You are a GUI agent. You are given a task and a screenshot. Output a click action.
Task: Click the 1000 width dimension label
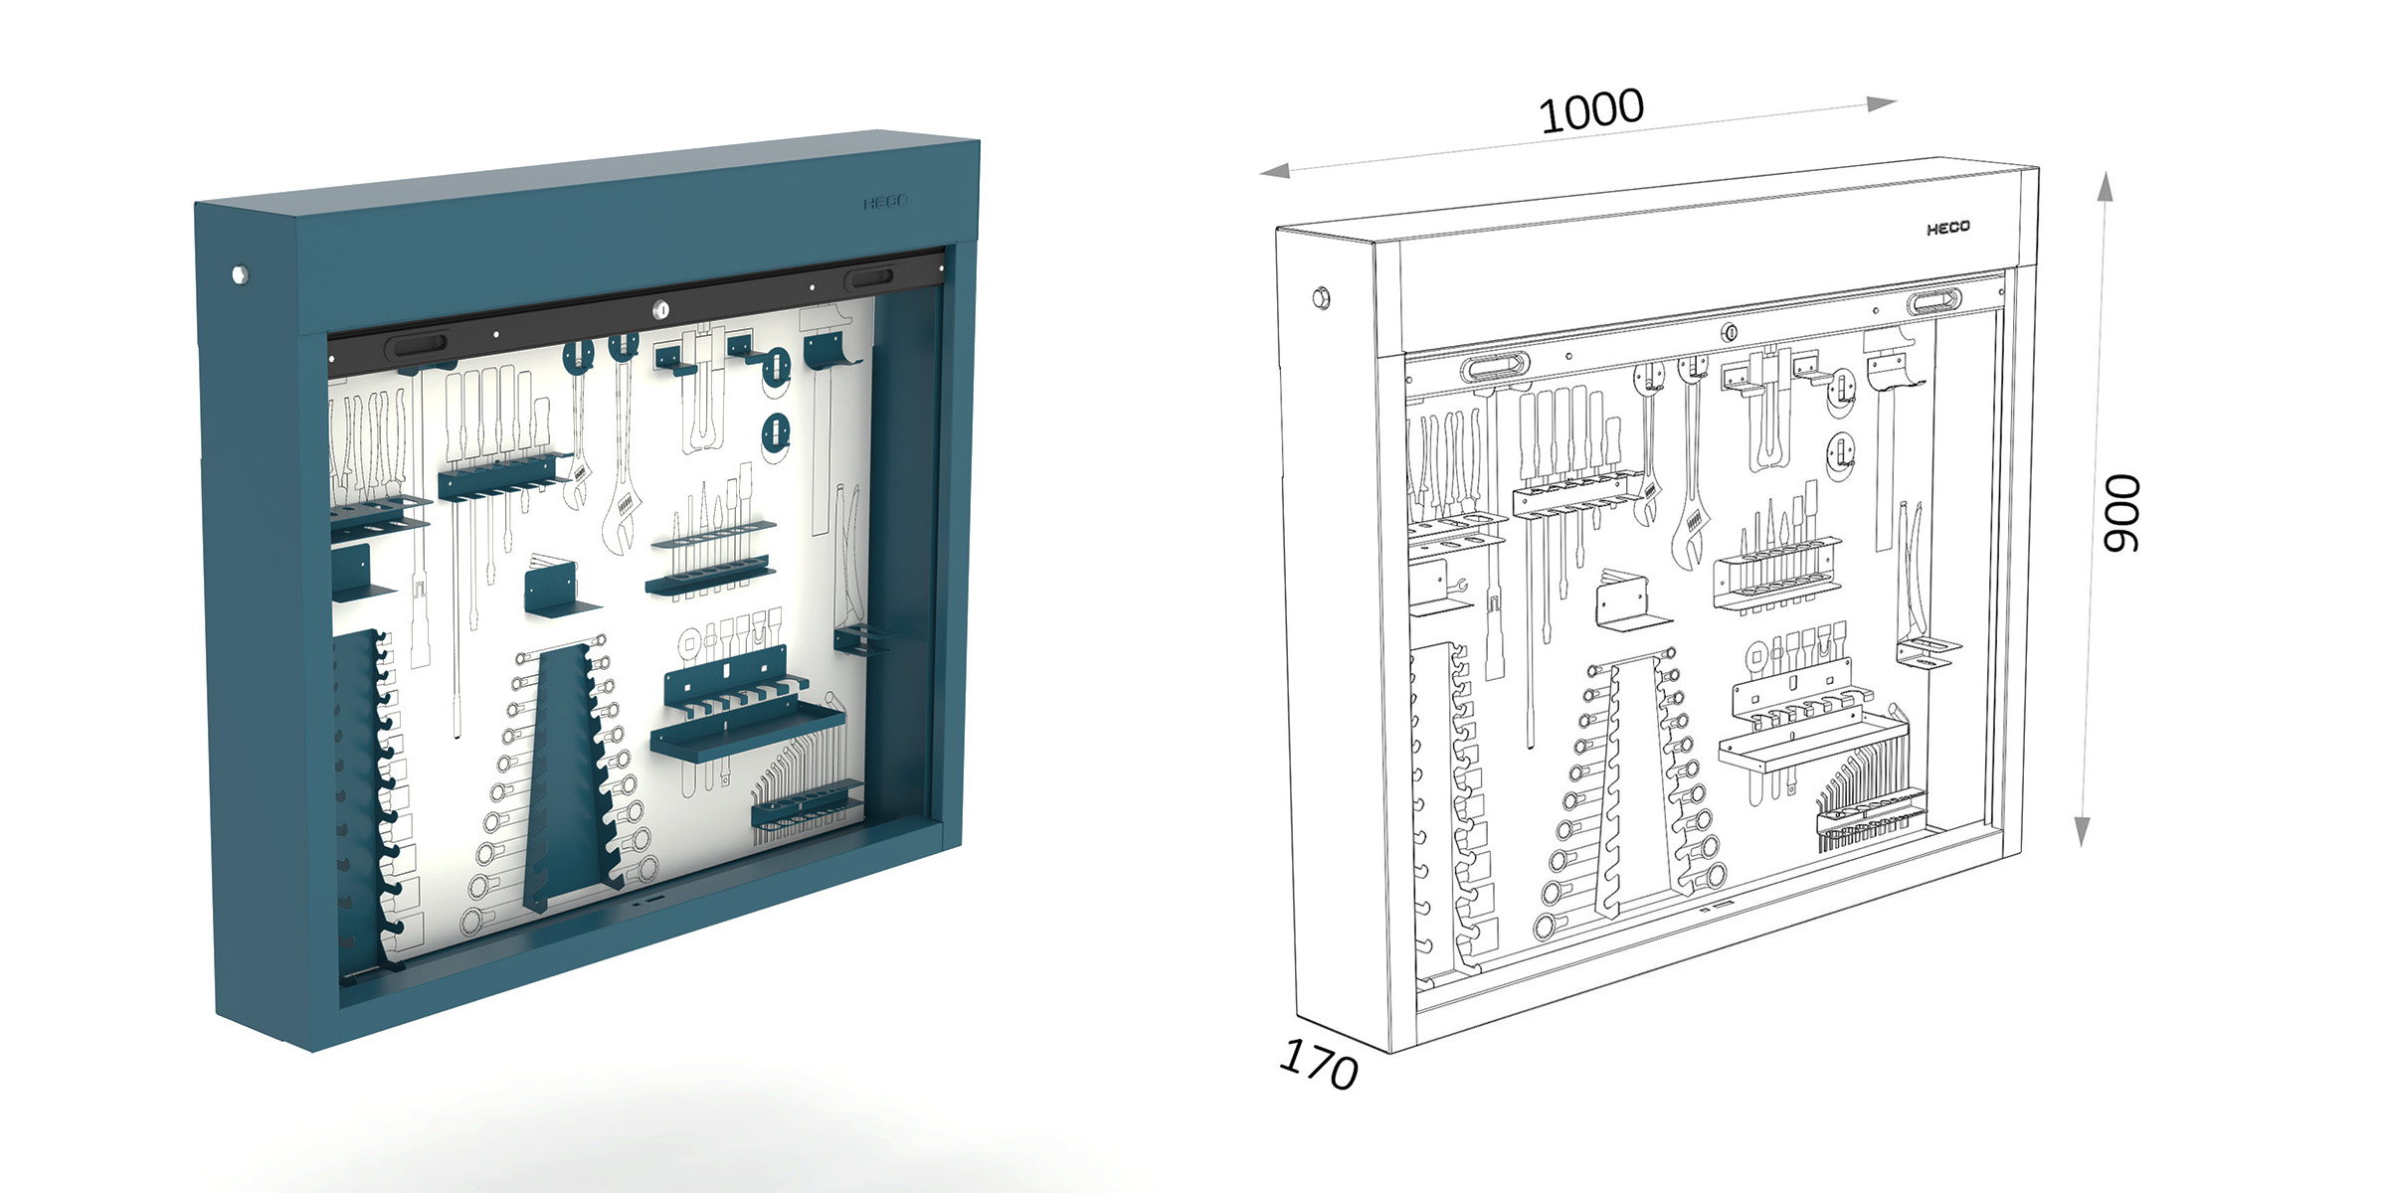tap(1591, 110)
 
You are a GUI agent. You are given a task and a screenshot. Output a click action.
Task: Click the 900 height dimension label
tap(2120, 513)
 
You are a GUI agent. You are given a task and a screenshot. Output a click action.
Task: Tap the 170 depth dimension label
tap(1319, 1064)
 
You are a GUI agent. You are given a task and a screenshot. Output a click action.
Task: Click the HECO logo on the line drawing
tap(1947, 228)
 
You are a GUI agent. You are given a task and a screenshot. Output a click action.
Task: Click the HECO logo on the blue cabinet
tap(885, 202)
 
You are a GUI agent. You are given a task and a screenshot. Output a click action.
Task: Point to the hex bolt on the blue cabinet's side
tap(239, 273)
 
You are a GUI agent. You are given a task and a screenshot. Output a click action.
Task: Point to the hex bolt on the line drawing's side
tap(1321, 296)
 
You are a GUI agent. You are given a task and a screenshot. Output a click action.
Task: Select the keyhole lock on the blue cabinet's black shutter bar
tap(661, 310)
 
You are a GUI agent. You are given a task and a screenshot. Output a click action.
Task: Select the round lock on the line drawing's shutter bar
tap(1731, 332)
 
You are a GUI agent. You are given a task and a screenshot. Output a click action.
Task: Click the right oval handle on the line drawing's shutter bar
tap(1934, 300)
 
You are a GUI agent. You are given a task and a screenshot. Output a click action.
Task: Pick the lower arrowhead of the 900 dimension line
tap(2082, 831)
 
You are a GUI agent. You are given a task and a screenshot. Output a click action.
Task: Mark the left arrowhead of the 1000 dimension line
tap(1274, 171)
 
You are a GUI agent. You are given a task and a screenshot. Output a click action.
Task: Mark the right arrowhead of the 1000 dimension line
tap(1882, 103)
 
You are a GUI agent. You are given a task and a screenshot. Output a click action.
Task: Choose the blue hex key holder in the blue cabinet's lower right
tap(807, 807)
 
